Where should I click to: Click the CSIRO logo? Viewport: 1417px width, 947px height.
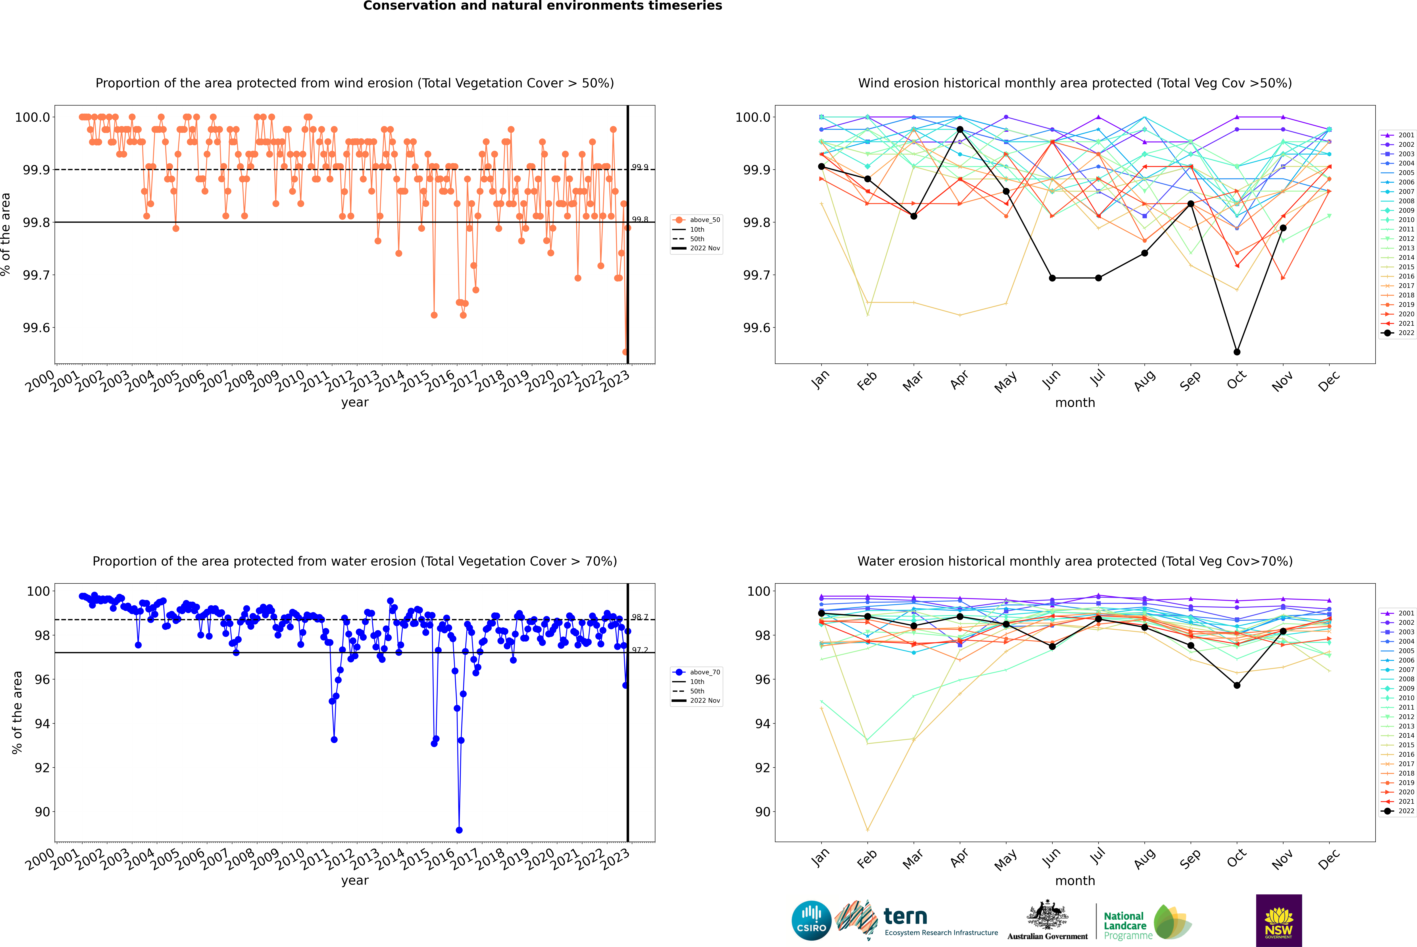pos(811,920)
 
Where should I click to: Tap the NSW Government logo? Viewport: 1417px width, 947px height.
pos(1279,920)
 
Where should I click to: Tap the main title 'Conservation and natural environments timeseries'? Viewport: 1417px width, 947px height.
pos(542,6)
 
